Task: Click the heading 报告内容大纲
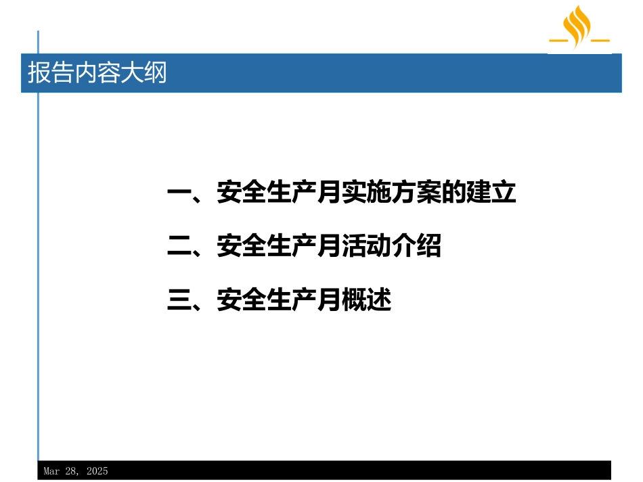97,73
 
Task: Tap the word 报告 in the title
51,73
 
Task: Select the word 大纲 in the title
143,73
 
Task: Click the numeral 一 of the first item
179,192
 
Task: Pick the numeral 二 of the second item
179,245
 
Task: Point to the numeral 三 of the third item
179,299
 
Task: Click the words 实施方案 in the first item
391,192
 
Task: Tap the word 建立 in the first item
491,192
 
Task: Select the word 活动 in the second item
366,245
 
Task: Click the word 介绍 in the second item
416,245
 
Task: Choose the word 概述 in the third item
366,299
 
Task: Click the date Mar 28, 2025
76,471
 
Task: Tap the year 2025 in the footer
97,471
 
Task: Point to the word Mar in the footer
51,471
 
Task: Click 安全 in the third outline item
242,299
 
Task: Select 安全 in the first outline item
242,192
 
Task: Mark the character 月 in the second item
329,245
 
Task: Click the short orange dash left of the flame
558,40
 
